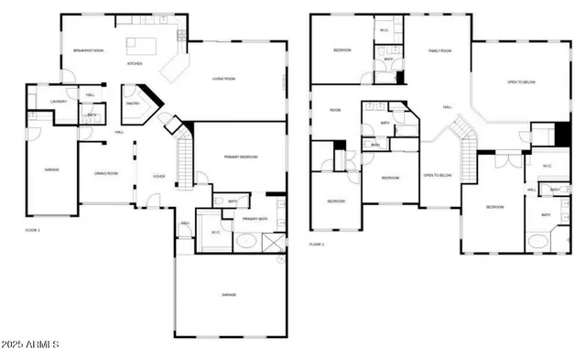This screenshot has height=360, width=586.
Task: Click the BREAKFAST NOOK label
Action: [88, 50]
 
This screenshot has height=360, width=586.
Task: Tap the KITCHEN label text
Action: [135, 64]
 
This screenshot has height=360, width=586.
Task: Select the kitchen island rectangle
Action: [143, 42]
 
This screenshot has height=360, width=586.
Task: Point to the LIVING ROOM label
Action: [224, 79]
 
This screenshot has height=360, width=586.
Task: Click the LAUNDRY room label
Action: [46, 102]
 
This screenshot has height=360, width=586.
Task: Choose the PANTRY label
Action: [133, 104]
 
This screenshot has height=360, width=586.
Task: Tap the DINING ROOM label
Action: [107, 173]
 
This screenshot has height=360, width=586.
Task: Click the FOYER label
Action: [159, 176]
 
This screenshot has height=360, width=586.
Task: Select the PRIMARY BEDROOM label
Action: [241, 157]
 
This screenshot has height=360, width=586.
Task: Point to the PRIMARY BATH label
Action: [255, 220]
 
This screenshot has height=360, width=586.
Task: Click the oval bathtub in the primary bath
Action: [244, 243]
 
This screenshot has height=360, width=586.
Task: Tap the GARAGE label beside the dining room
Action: [51, 169]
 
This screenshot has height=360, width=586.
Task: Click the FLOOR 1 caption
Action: [32, 230]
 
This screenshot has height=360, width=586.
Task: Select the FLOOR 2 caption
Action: [317, 245]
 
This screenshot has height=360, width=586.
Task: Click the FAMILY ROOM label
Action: [440, 51]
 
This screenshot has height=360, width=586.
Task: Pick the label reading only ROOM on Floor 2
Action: [335, 111]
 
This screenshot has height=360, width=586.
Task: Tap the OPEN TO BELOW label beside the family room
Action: [521, 82]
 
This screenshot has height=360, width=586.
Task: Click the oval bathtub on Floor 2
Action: [538, 243]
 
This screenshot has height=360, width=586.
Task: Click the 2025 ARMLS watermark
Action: [31, 344]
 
